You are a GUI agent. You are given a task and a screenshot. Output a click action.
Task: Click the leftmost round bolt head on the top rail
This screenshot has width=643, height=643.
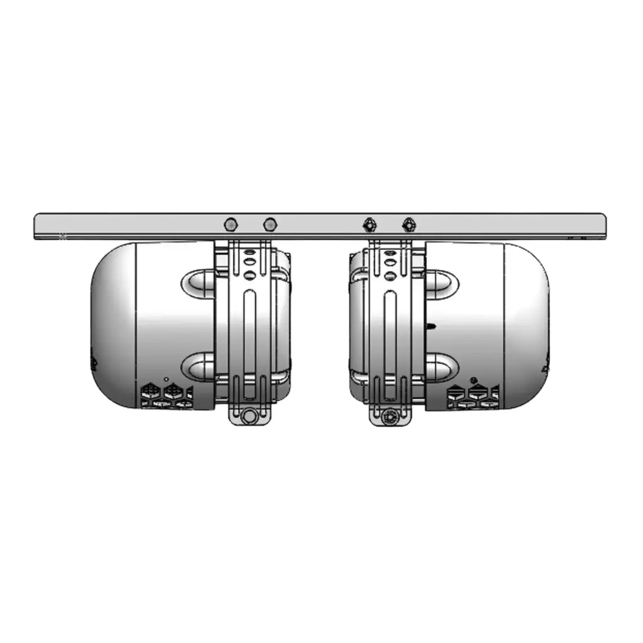tap(230, 223)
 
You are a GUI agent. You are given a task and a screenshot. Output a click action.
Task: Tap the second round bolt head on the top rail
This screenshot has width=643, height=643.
tap(270, 223)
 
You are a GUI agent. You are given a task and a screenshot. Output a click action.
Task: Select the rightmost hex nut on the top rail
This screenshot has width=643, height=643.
tap(409, 223)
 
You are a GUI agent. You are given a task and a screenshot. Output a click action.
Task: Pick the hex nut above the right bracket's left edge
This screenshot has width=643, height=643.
tap(369, 223)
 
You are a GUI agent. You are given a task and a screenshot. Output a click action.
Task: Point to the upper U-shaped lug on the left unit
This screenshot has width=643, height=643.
tap(198, 282)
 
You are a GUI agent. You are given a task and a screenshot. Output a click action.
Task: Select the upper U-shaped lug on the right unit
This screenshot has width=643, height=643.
tap(441, 282)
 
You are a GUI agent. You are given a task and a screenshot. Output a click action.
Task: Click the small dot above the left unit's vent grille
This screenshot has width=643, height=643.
tap(165, 379)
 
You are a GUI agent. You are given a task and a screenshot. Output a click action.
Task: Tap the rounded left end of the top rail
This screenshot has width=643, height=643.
tap(38, 226)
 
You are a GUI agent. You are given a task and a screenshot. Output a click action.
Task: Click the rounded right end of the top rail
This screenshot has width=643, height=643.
tap(603, 226)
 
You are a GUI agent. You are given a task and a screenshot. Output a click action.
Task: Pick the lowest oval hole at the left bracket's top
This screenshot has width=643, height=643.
tap(249, 274)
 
